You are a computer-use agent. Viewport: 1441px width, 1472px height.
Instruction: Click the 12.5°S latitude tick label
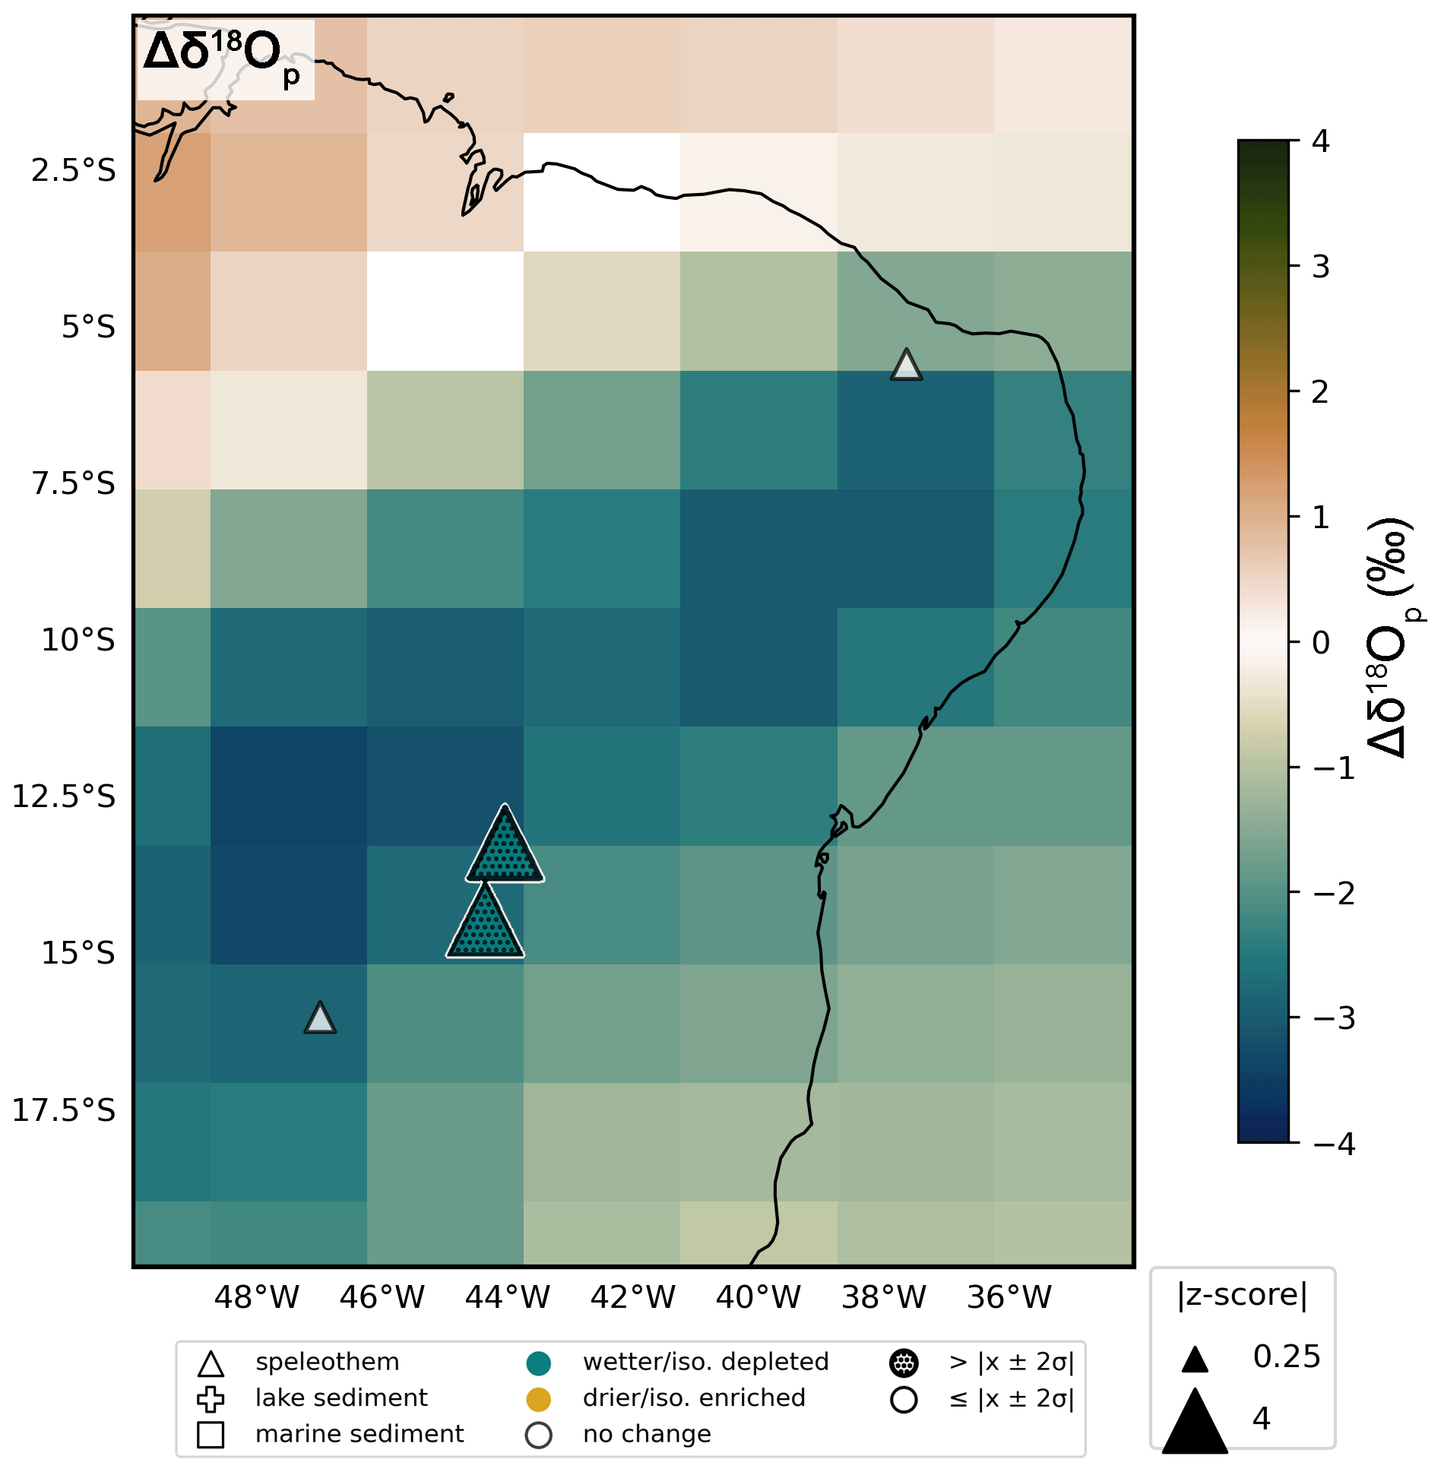click(x=64, y=796)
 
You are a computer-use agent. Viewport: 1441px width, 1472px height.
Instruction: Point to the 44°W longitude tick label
click(x=507, y=1296)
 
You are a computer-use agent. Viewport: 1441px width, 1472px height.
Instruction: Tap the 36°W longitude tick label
click(x=1009, y=1296)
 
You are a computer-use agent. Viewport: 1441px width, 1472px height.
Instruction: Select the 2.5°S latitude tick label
click(x=74, y=170)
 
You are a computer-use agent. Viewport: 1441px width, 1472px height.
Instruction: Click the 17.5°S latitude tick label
click(x=64, y=1110)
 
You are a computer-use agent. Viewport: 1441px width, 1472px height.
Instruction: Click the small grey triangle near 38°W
click(x=906, y=366)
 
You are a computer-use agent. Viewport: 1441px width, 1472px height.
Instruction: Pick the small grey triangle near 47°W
click(x=320, y=1019)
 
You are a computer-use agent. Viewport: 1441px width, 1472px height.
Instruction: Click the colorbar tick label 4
click(x=1321, y=141)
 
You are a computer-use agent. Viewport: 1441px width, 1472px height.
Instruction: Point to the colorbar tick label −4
click(x=1334, y=1144)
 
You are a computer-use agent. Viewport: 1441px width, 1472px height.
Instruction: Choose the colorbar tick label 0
click(x=1321, y=643)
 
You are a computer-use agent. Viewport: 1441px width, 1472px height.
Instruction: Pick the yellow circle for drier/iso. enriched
click(x=538, y=1398)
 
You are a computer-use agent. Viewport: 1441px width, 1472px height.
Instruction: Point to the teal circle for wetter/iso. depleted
click(x=538, y=1363)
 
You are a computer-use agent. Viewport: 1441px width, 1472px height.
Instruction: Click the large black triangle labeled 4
click(x=1195, y=1422)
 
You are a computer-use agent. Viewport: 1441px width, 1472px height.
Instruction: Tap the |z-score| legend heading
click(x=1243, y=1294)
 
